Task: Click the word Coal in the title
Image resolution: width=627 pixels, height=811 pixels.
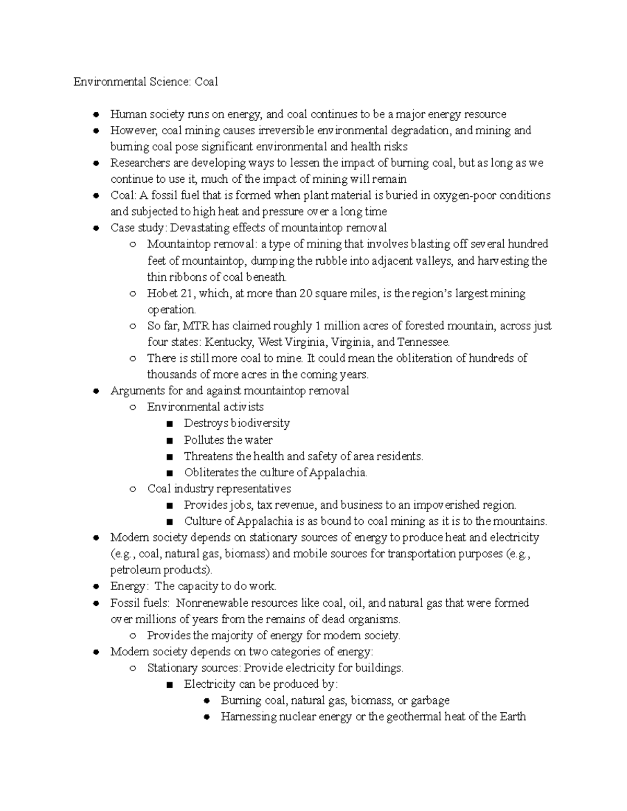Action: (206, 82)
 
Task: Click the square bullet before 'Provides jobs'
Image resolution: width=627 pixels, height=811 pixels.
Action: (169, 506)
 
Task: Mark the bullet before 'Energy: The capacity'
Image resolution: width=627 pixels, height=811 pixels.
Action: (96, 586)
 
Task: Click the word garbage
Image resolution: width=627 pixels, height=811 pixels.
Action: (430, 700)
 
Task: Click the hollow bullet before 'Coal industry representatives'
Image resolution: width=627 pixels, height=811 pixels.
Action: (133, 489)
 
